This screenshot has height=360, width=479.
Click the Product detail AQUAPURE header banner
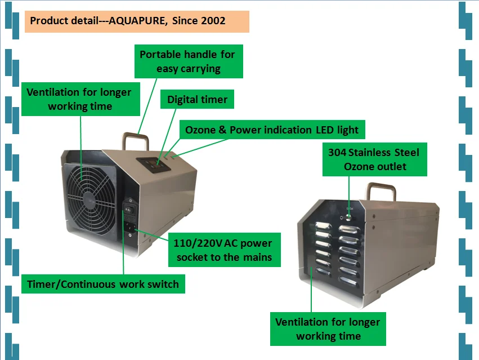tap(137, 21)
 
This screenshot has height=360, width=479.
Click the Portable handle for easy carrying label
tap(188, 61)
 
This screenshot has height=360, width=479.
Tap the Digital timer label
tap(198, 100)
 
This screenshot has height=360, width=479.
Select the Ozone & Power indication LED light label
tap(272, 130)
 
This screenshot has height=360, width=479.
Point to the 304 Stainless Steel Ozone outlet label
tap(374, 159)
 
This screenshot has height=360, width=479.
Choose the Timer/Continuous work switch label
tap(103, 284)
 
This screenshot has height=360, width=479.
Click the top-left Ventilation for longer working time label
tap(79, 99)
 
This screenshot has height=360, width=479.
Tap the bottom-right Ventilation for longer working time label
tap(328, 329)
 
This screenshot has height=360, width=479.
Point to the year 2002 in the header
tap(214, 21)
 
